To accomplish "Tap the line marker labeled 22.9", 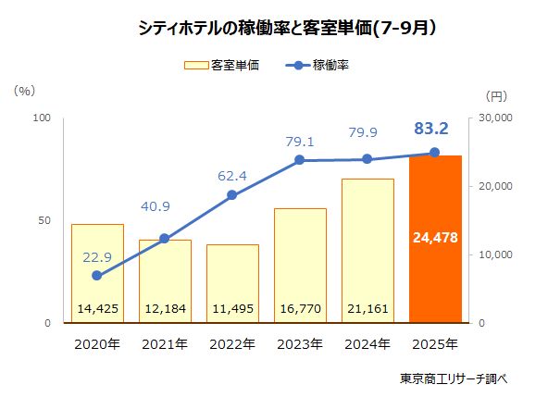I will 97,275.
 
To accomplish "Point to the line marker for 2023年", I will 300,160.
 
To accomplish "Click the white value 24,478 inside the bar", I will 434,239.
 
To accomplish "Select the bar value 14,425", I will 97,309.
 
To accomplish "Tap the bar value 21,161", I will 367,309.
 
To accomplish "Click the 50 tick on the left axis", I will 43,221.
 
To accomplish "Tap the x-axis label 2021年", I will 165,344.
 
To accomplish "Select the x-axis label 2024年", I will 367,344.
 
